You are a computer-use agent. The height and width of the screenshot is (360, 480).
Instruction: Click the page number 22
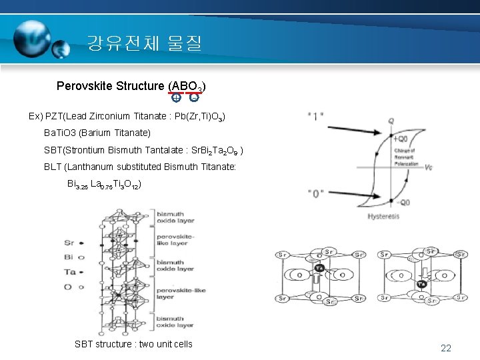(x=446, y=348)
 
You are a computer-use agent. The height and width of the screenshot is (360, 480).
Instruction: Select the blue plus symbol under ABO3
(x=176, y=98)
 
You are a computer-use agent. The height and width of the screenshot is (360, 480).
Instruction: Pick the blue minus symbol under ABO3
(x=193, y=98)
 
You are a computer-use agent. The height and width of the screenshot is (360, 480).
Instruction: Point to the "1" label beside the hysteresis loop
(x=316, y=115)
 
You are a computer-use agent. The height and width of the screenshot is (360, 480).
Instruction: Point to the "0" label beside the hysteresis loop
(x=316, y=193)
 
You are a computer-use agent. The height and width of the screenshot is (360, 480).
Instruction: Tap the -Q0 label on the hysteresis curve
(x=401, y=202)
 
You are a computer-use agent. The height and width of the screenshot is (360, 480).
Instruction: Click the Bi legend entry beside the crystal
(x=68, y=257)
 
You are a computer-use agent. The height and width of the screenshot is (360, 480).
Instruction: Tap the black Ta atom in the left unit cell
(x=319, y=268)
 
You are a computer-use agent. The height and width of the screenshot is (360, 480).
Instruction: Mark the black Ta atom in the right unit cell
(x=421, y=284)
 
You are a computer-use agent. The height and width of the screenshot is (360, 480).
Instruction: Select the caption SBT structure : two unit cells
(x=133, y=344)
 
